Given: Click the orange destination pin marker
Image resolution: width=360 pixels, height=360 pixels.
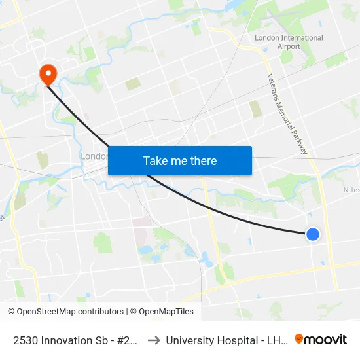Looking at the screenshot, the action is pyautogui.click(x=48, y=74).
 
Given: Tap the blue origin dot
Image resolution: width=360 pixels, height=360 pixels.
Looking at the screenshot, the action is pyautogui.click(x=313, y=234).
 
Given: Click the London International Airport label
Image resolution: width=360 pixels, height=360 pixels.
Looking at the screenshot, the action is pyautogui.click(x=289, y=42).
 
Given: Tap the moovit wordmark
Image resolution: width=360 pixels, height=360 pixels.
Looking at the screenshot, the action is pyautogui.click(x=325, y=339).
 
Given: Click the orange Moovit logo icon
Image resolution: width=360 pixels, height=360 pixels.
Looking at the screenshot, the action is pyautogui.click(x=298, y=339).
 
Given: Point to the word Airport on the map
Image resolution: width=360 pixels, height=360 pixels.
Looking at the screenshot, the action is pyautogui.click(x=289, y=46).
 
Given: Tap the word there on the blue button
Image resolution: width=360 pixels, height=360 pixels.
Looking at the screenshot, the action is pyautogui.click(x=203, y=160).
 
